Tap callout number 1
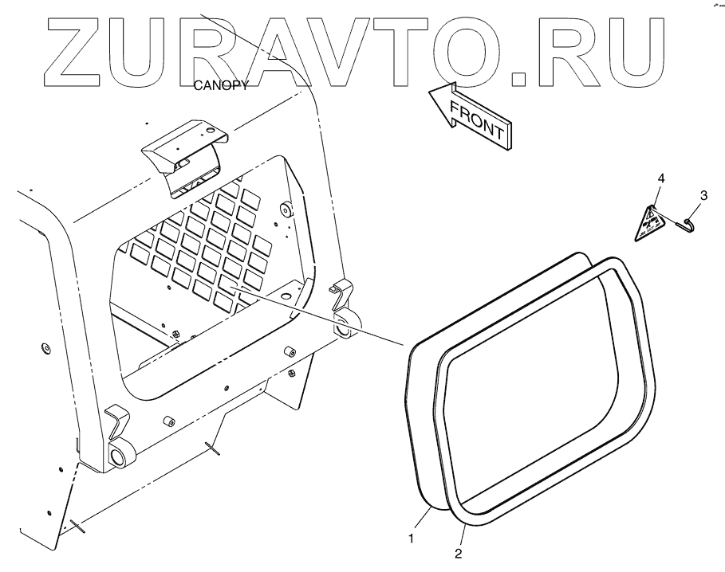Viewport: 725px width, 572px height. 412,539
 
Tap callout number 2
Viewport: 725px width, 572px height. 458,551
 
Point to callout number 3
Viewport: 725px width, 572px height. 703,194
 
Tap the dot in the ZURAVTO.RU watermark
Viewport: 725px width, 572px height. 518,76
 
